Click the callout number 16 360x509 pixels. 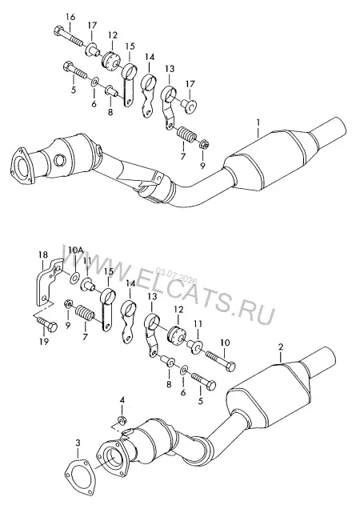[x=70, y=17]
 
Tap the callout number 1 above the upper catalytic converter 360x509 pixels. [x=258, y=122]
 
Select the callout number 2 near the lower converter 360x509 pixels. [x=281, y=347]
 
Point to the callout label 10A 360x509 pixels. [x=76, y=250]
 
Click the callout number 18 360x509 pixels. [x=43, y=254]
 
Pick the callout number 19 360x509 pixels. [x=44, y=341]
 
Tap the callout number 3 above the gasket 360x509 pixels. [x=78, y=443]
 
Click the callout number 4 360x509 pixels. [x=122, y=399]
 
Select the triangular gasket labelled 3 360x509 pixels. [x=77, y=472]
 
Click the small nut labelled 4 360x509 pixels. [x=122, y=420]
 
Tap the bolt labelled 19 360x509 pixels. [x=47, y=324]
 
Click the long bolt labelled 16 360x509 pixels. [x=68, y=37]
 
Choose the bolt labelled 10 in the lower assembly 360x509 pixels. [x=220, y=361]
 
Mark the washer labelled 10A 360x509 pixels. [x=74, y=278]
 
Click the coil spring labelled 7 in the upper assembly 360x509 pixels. [x=186, y=134]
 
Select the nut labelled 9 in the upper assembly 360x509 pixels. [x=204, y=143]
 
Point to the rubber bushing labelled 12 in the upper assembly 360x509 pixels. [x=112, y=60]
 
